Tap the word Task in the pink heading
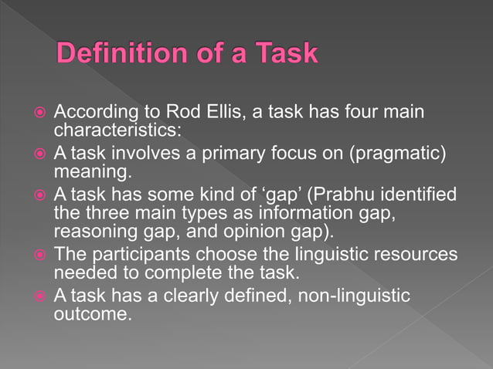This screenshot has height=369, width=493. [282, 54]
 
